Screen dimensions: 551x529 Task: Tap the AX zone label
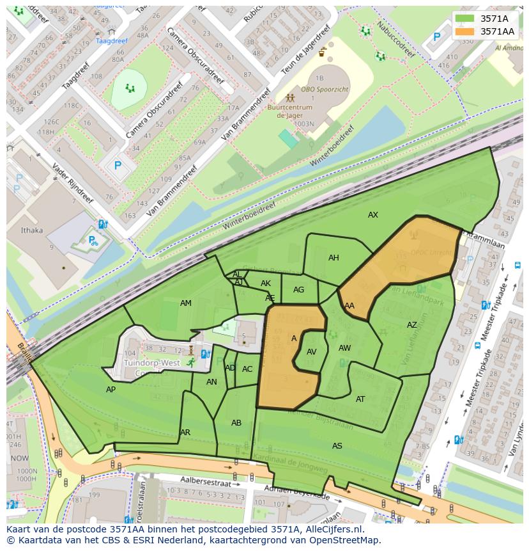click(x=373, y=215)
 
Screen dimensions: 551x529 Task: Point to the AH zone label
click(x=333, y=258)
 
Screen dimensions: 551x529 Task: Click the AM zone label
click(x=186, y=303)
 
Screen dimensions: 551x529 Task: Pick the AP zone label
click(x=111, y=389)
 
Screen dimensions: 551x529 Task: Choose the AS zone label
click(x=337, y=445)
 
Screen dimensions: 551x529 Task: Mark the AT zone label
click(x=360, y=399)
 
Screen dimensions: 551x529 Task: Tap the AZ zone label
click(x=412, y=325)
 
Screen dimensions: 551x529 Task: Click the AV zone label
click(x=312, y=352)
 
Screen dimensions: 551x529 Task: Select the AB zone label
click(x=236, y=423)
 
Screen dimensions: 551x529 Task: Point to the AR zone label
click(x=185, y=433)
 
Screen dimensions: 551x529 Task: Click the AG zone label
click(x=298, y=290)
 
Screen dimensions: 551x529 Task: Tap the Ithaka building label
click(x=32, y=230)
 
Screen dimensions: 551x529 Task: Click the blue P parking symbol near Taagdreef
click(x=118, y=166)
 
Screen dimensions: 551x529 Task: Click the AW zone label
click(x=344, y=348)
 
